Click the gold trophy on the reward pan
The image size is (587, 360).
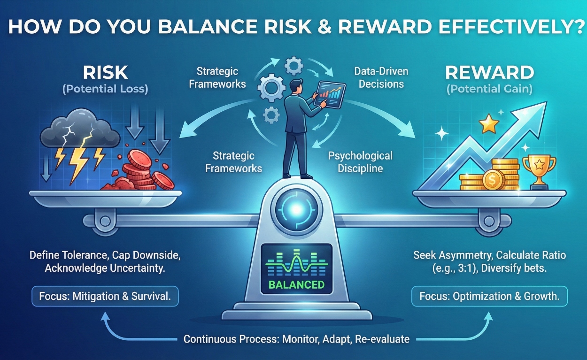tap(539, 170)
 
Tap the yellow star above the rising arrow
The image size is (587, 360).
tap(488, 125)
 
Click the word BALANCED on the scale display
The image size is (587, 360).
tap(297, 284)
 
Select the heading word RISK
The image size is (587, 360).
tap(105, 72)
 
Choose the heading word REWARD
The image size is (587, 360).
tap(489, 72)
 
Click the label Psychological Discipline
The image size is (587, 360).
tap(360, 162)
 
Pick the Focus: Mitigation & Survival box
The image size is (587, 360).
tap(105, 297)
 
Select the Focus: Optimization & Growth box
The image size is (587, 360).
tap(489, 297)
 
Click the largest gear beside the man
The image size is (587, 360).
tap(272, 89)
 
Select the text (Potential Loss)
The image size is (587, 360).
tap(105, 89)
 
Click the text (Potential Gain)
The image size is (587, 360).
tap(489, 89)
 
